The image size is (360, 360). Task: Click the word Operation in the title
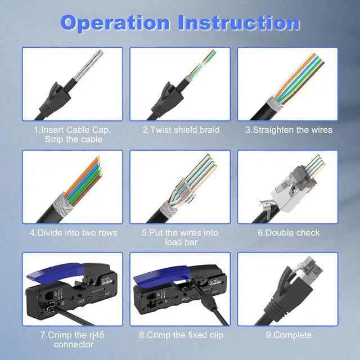(x=115, y=23)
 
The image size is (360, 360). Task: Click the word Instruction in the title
(x=239, y=23)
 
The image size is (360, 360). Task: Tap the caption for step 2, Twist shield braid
(x=181, y=130)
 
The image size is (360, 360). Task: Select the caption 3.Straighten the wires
(x=288, y=130)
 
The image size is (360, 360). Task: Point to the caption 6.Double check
(x=288, y=232)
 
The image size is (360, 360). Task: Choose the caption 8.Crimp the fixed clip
(x=181, y=335)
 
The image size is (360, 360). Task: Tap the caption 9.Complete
(x=288, y=335)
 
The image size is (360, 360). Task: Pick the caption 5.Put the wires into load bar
(x=181, y=237)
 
